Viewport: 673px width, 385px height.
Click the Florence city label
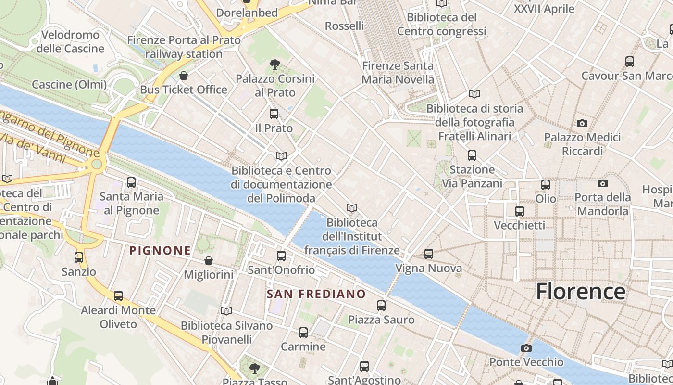(x=581, y=292)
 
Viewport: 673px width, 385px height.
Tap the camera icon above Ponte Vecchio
(x=526, y=348)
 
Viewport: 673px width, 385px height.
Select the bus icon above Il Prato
(x=274, y=114)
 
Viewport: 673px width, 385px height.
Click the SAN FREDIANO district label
(x=316, y=294)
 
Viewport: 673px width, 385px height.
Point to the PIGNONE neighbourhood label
(x=160, y=250)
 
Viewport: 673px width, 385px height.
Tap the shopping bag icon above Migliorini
(x=209, y=260)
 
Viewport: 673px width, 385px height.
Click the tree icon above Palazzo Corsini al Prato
(x=274, y=64)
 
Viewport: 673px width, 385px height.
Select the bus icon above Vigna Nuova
(x=429, y=254)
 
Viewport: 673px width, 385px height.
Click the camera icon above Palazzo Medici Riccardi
(x=582, y=123)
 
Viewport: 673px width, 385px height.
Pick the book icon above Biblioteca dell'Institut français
(x=352, y=208)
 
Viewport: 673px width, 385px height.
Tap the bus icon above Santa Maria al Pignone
(x=131, y=182)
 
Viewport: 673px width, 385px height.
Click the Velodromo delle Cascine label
(x=70, y=41)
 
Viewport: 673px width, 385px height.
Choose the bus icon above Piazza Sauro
(x=381, y=305)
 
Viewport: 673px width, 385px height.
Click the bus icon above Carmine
(x=303, y=332)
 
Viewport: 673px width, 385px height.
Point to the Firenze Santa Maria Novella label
(x=398, y=72)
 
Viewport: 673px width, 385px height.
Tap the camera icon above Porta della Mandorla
(x=603, y=183)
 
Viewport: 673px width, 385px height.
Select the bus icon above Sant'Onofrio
(x=281, y=256)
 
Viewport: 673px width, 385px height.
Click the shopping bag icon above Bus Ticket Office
(x=183, y=76)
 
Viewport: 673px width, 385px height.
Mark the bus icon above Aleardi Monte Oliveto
(x=118, y=296)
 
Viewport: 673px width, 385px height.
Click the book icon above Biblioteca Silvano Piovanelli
(x=226, y=311)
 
